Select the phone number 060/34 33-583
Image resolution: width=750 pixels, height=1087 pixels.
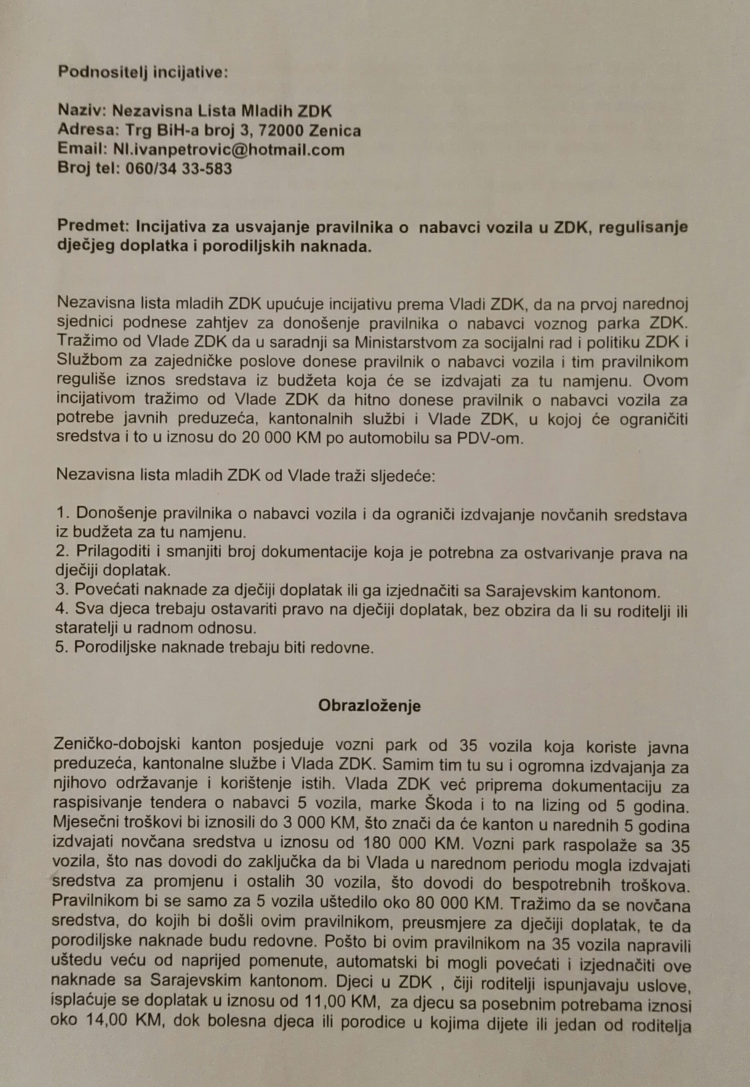179,168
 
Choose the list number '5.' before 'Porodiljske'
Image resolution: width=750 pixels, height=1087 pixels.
62,648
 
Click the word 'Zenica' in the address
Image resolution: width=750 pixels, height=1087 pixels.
335,130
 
